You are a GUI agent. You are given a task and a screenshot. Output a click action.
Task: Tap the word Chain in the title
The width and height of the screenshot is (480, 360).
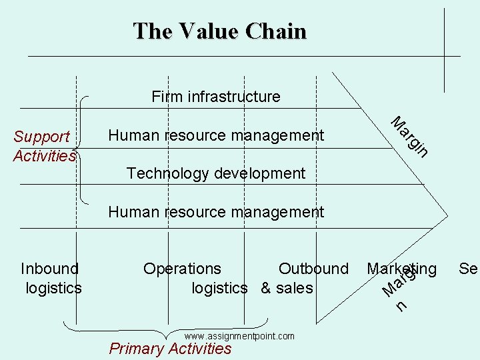(276, 31)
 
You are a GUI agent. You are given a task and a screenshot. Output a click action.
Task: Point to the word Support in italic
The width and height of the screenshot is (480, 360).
(41, 137)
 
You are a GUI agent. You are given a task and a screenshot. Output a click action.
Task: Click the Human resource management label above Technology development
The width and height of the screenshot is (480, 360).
(216, 135)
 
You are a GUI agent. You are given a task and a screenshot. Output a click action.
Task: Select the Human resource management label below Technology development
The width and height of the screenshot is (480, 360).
(216, 213)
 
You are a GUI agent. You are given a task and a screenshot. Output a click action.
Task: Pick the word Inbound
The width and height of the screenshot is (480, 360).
(49, 269)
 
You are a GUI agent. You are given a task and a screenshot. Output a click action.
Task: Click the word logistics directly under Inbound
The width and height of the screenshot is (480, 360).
(53, 288)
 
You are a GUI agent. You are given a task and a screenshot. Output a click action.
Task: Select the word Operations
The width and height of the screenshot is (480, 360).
(182, 269)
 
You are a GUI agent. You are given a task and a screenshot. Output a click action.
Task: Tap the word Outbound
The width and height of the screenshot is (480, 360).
(313, 269)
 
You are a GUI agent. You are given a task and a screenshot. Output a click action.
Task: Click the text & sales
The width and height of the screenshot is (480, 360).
(286, 288)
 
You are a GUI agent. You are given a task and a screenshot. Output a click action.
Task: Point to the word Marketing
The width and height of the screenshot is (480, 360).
(401, 269)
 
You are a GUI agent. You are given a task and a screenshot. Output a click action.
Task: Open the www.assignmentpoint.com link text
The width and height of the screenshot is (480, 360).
(239, 336)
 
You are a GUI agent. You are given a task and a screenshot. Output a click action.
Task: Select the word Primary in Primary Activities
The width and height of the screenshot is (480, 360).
(137, 349)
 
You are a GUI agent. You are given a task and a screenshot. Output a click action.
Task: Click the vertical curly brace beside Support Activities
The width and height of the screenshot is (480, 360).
(83, 149)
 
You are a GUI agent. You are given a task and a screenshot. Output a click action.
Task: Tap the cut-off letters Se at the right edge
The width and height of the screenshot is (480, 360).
(468, 269)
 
